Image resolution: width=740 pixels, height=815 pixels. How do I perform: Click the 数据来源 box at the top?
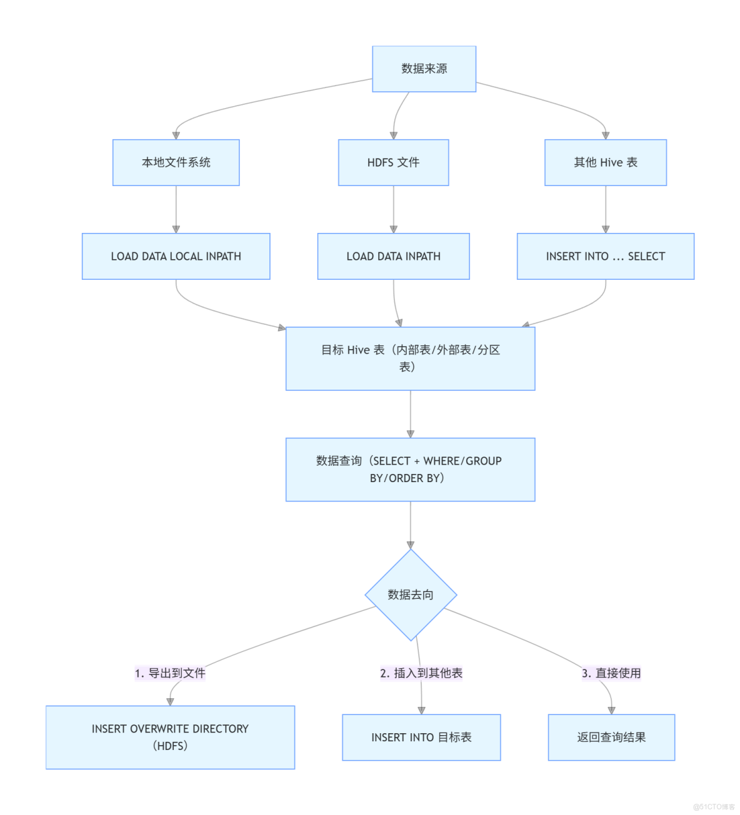(424, 69)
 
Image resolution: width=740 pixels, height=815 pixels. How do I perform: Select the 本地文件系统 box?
(176, 162)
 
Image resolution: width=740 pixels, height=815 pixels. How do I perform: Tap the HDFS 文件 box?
(393, 162)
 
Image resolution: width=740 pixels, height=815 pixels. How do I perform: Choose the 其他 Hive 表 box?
(605, 162)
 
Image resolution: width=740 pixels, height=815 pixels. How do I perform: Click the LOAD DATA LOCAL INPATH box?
(176, 256)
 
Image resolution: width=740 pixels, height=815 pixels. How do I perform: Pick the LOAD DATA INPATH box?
(393, 256)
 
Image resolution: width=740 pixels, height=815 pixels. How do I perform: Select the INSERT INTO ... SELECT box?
(605, 256)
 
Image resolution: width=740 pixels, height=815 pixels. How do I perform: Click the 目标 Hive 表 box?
(410, 358)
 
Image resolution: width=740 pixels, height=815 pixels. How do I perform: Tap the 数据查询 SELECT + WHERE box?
(410, 469)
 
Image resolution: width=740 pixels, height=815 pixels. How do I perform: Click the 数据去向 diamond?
(411, 595)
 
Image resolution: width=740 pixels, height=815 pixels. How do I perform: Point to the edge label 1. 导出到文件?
(170, 673)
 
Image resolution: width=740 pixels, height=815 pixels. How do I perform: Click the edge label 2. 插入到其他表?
(421, 673)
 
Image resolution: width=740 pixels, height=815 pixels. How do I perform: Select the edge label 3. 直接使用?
(611, 673)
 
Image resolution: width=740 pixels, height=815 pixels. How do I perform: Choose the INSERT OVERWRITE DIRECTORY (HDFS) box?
(170, 737)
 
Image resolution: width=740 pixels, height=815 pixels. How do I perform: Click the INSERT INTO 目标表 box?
(421, 737)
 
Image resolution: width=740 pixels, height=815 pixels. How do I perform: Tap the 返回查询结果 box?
(611, 737)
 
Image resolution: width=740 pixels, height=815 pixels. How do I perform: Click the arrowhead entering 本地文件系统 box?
(176, 135)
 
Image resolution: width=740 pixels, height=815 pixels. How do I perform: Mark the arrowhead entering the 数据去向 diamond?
(411, 545)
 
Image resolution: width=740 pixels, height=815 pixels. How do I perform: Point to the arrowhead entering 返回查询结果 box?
(611, 710)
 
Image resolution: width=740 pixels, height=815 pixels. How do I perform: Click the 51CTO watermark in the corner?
(714, 806)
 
